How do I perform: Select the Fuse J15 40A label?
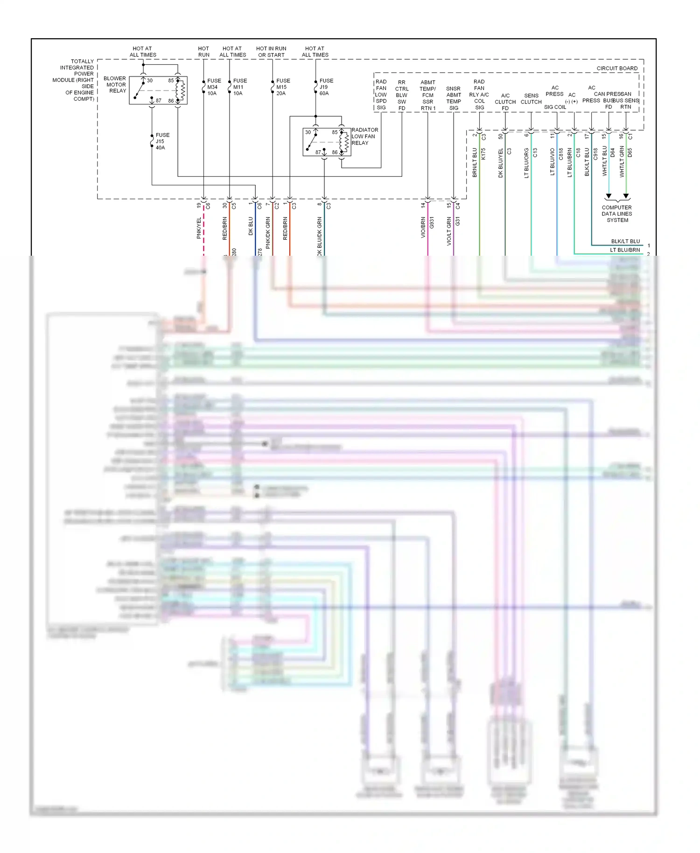point(162,141)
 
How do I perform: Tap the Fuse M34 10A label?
point(214,87)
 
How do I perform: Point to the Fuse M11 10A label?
point(239,87)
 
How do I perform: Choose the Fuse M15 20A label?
point(282,87)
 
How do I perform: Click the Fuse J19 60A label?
point(326,87)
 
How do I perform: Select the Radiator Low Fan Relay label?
point(364,136)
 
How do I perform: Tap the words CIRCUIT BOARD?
point(616,68)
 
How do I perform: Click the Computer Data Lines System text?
point(616,214)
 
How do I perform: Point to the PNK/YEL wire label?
point(199,228)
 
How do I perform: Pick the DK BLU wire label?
point(251,226)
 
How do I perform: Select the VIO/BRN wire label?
point(423,227)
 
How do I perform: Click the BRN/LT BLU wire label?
point(475,162)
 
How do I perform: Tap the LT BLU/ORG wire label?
point(526,163)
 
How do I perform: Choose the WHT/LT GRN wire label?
point(622,161)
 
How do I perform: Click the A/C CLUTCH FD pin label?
point(505,102)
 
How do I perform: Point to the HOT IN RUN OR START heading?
point(271,51)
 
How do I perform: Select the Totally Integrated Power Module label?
point(75,80)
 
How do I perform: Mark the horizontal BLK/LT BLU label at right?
point(625,241)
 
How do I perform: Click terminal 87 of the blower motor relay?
point(158,101)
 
